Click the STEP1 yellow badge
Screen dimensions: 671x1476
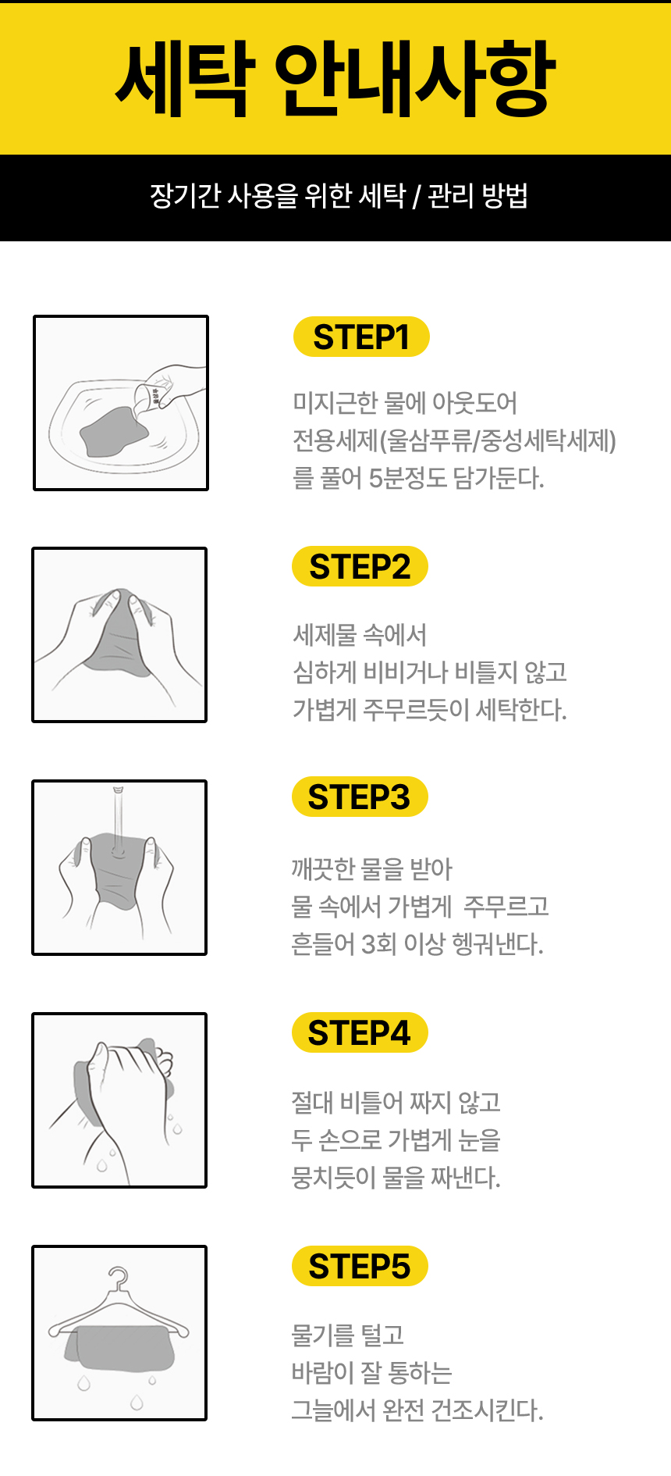click(x=361, y=337)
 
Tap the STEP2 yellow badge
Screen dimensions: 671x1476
click(x=360, y=566)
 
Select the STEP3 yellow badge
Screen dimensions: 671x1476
click(x=360, y=797)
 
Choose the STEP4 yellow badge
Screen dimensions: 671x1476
click(x=360, y=1032)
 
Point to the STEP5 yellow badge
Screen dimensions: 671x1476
click(x=360, y=1266)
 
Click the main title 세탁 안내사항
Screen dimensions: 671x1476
click(x=335, y=78)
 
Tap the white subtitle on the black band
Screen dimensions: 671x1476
click(x=339, y=196)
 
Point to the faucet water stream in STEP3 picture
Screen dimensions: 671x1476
click(x=119, y=820)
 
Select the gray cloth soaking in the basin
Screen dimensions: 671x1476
click(x=114, y=431)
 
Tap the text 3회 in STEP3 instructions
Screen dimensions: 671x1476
click(x=378, y=944)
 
